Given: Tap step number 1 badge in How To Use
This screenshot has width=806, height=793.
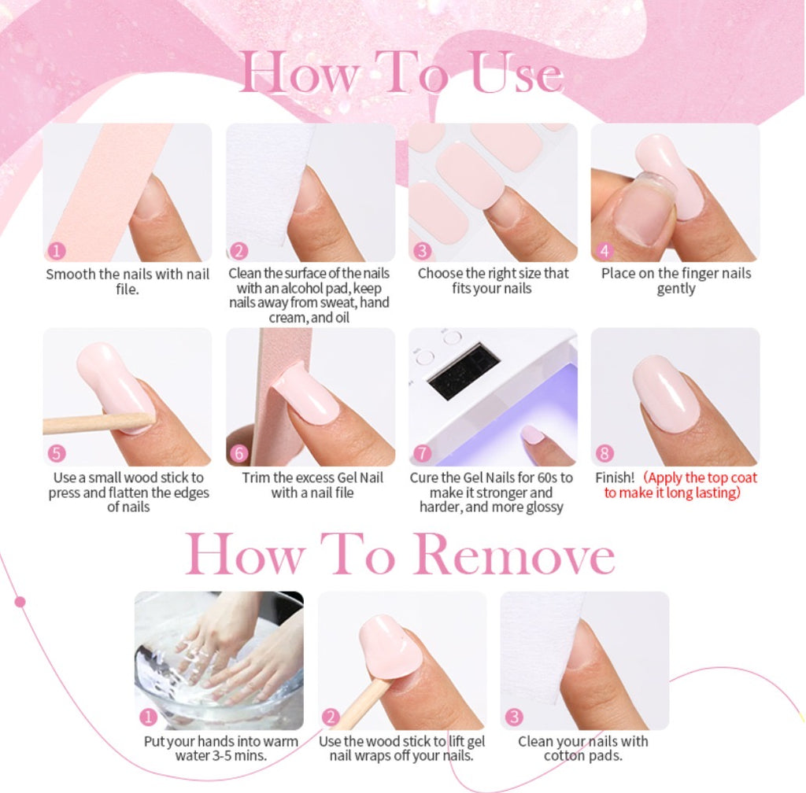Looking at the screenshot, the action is click(57, 251).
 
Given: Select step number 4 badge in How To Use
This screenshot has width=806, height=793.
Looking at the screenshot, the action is click(604, 251).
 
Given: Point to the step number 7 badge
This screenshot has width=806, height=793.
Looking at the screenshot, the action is click(422, 453).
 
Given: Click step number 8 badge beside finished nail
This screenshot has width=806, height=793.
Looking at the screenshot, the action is click(604, 453).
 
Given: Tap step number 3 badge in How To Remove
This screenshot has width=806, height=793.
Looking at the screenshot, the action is click(514, 717).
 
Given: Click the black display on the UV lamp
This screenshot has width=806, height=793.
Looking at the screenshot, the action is click(464, 371).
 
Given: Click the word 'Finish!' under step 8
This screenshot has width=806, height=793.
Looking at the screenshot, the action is click(615, 478).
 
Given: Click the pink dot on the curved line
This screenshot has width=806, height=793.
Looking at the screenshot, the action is click(20, 601).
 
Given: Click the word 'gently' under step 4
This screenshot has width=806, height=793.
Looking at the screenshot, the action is click(676, 289).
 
